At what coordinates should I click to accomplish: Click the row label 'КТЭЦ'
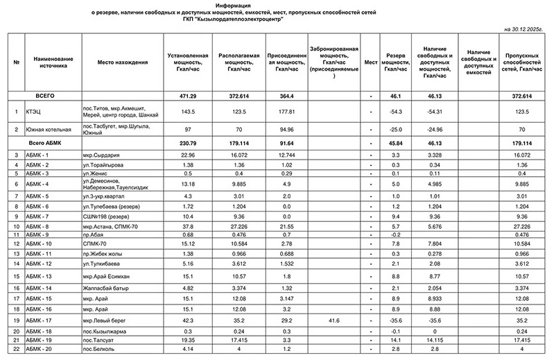click(x=33, y=111)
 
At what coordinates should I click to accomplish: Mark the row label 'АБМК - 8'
click(x=38, y=226)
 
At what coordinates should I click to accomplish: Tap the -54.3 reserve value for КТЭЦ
click(x=396, y=111)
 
